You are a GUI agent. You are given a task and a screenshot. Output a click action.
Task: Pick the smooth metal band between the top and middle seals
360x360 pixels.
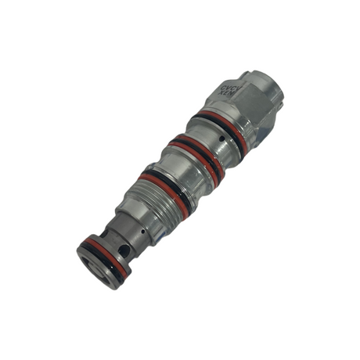[x=205, y=141]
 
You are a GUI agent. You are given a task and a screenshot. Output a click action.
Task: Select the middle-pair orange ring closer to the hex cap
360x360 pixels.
[x=196, y=149]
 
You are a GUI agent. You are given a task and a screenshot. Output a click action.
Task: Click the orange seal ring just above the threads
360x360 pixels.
[x=160, y=185]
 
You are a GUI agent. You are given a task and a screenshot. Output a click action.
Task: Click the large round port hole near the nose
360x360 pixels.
[x=125, y=250]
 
